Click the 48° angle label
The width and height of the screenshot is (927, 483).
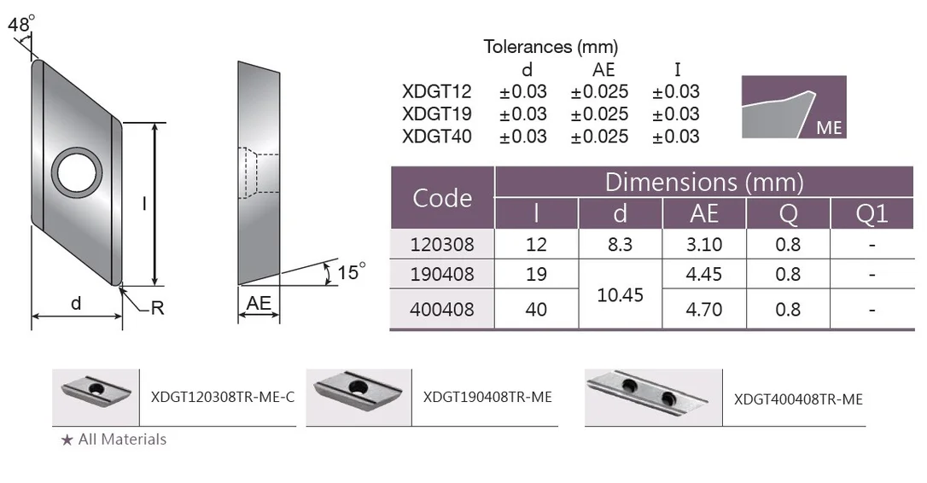coord(21,24)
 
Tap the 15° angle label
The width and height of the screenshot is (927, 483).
coord(351,272)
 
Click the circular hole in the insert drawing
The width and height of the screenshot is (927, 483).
coord(77,172)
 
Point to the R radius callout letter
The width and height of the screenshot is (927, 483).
coord(157,308)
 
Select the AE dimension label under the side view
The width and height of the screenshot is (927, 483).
coord(259,303)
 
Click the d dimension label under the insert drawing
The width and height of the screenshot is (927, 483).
coord(76,303)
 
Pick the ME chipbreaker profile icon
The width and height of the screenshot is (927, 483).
coord(794,107)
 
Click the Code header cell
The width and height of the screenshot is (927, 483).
coord(442,197)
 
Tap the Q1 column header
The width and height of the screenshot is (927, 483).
coord(872,213)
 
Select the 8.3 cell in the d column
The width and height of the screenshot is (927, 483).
coord(621,244)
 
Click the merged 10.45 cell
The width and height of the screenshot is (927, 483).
coord(621,294)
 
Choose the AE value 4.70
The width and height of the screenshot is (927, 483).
coord(704,309)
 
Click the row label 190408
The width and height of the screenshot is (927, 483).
coord(442,274)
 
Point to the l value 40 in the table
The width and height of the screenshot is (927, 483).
coord(536,309)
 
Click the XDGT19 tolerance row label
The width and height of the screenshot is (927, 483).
coord(437,113)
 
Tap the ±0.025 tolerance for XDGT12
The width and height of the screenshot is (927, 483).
coord(599,91)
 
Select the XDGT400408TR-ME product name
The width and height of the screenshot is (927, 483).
coord(798,399)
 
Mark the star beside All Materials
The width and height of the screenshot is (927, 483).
coord(67,439)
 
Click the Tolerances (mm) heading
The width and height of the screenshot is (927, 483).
coord(551,47)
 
